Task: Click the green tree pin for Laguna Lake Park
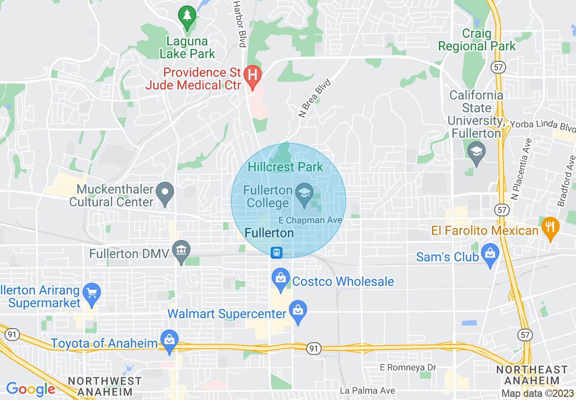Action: [x=186, y=16]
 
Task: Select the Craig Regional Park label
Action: [x=477, y=40]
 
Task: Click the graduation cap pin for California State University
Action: [x=476, y=151]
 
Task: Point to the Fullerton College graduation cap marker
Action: [x=303, y=193]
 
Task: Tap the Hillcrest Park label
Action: [x=286, y=167]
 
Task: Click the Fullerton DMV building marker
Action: [x=182, y=250]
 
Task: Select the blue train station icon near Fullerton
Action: [x=276, y=253]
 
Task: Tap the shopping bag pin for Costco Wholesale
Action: [x=280, y=278]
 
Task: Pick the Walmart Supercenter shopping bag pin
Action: [x=298, y=311]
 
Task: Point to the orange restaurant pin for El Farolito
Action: [x=550, y=227]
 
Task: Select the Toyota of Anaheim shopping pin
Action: [x=169, y=340]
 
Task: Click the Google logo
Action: [x=30, y=389]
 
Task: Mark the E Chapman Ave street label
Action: [x=308, y=220]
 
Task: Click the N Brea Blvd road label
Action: [x=314, y=98]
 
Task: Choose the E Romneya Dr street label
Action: [x=408, y=367]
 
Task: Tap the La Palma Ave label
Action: [x=367, y=390]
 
